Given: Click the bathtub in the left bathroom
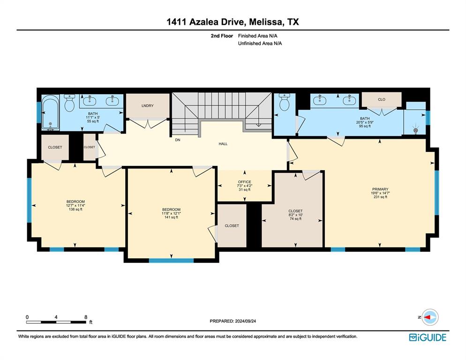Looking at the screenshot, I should coord(50,113).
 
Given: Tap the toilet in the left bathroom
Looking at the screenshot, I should coord(70,103).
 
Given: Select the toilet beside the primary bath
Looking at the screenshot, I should coord(284,103).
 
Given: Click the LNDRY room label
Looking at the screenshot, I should coord(148,106).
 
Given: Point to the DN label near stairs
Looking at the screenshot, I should coord(178,140).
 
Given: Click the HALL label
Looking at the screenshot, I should coord(223,144).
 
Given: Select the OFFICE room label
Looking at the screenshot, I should coord(244,182).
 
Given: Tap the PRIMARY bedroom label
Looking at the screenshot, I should coord(380,189).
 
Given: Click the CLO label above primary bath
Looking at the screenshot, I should coord(382,99).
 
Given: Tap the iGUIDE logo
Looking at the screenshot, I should coord(427,337).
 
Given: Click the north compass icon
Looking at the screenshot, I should coord(429,318).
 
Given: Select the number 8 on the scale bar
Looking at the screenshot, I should coord(86,317).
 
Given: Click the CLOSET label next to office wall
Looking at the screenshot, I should coord(232,225).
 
